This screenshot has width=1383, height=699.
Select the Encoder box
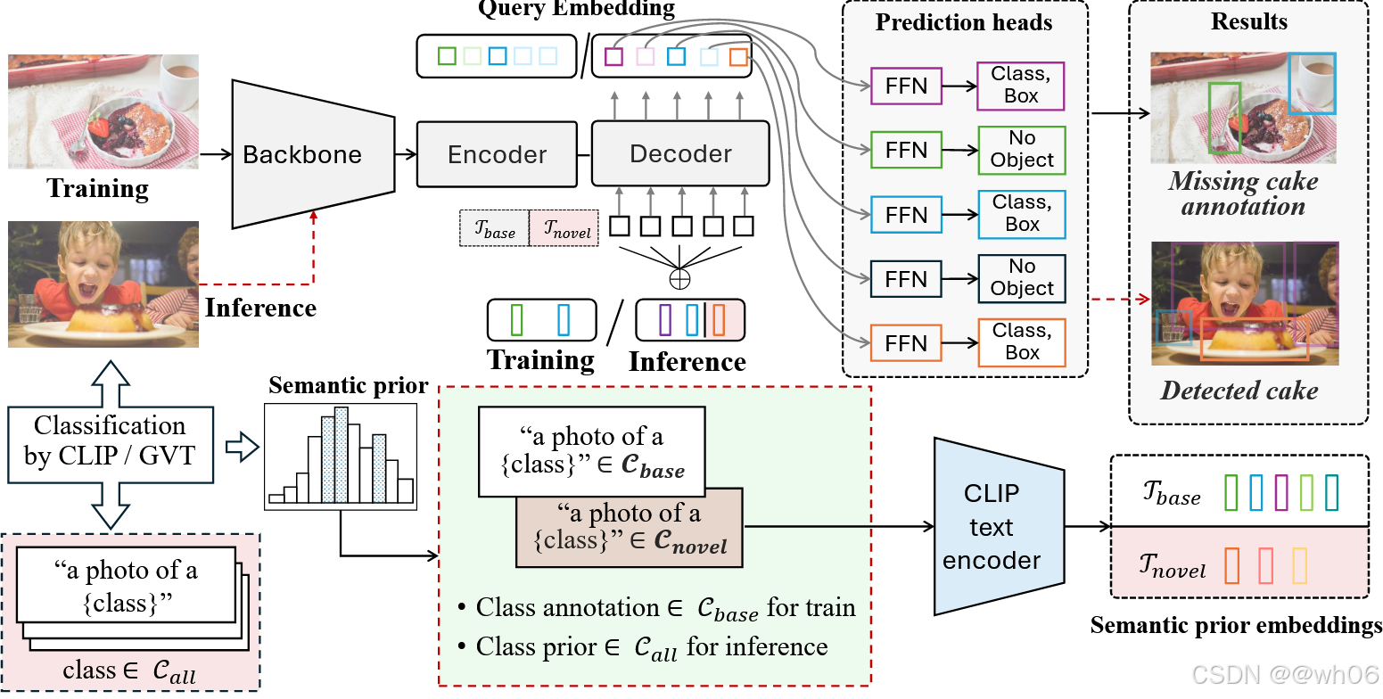click(x=497, y=154)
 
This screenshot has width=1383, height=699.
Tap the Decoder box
click(x=680, y=153)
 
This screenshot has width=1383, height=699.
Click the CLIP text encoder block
click(x=991, y=526)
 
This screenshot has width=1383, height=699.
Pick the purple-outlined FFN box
click(x=906, y=86)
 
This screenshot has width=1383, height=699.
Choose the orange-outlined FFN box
click(x=906, y=343)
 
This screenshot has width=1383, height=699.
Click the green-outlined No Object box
click(x=1022, y=150)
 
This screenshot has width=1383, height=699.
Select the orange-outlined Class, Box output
click(x=1022, y=341)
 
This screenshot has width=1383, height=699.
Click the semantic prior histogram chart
click(x=342, y=456)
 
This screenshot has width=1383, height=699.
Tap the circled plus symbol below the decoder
click(x=680, y=278)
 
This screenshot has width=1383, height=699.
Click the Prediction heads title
click(x=964, y=22)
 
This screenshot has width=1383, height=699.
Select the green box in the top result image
click(x=1224, y=118)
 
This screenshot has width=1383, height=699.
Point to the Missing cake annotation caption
click(x=1243, y=193)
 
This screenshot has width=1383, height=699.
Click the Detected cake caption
click(x=1239, y=390)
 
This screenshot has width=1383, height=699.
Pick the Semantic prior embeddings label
click(x=1236, y=626)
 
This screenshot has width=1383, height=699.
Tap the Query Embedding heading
click(x=576, y=10)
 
